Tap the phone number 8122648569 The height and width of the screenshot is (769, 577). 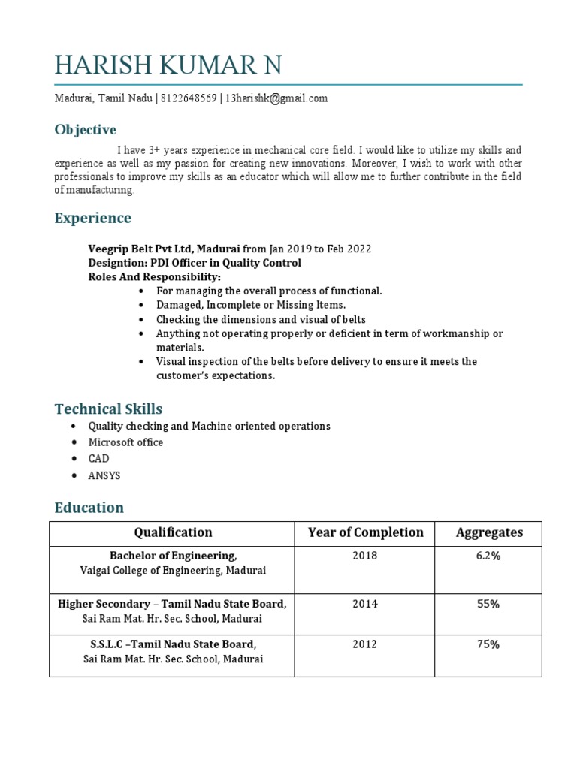click(188, 98)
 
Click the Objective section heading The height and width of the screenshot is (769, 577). click(85, 130)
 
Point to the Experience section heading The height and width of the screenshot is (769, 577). click(92, 219)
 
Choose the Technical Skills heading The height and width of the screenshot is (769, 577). click(108, 409)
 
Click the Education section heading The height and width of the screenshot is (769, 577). click(89, 508)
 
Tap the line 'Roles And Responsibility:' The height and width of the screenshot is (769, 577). click(155, 276)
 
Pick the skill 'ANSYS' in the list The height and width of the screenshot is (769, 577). click(104, 475)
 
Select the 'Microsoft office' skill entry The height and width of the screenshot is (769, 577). click(125, 442)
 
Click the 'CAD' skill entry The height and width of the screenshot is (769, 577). click(98, 459)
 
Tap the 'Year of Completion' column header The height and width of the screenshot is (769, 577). click(365, 532)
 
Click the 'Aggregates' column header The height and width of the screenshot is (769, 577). click(489, 532)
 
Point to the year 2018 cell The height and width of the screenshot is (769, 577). click(365, 556)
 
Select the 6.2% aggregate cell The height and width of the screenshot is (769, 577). click(488, 556)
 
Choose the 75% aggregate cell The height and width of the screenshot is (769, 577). click(488, 644)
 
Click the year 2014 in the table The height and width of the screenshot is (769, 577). click(365, 604)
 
